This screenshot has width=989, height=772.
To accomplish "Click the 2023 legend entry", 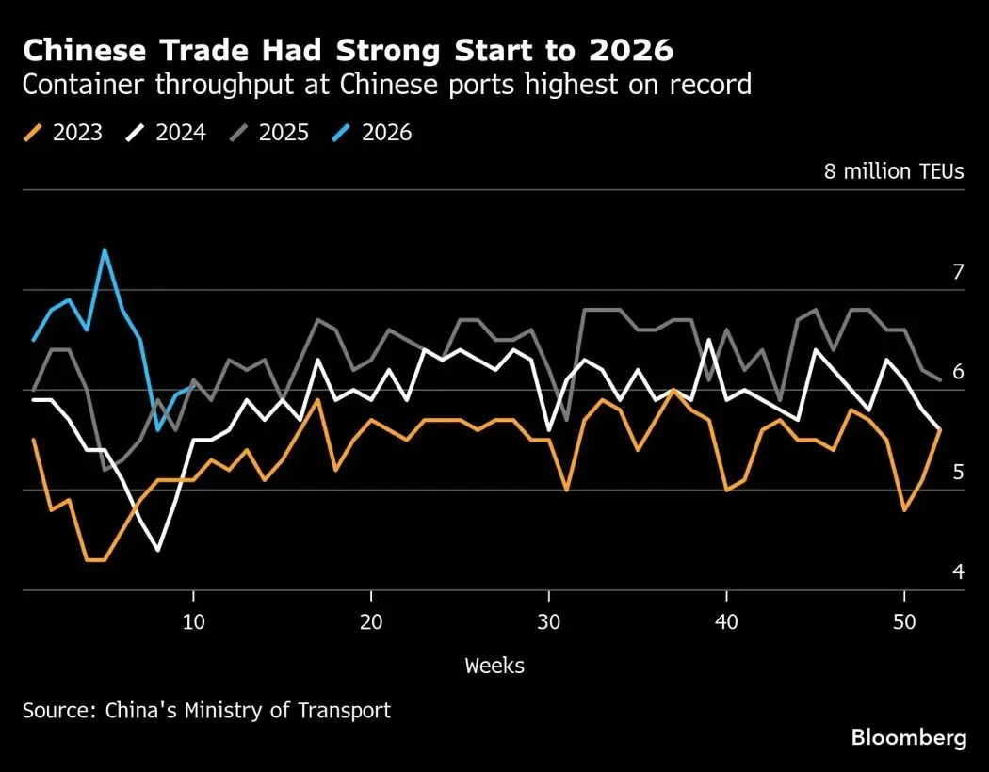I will (64, 133).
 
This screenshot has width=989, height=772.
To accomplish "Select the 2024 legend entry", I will (168, 133).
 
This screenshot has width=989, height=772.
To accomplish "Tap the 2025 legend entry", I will (270, 133).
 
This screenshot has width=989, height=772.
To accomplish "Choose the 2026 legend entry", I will (374, 133).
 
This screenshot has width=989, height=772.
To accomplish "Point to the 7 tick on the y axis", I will (959, 272).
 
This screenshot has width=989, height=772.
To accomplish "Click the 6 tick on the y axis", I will (959, 372).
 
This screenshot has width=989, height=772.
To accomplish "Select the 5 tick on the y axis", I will (959, 472).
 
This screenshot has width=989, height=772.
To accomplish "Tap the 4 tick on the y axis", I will (959, 571).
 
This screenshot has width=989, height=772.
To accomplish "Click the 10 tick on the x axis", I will (193, 622).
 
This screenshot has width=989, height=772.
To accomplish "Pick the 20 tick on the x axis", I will (371, 622).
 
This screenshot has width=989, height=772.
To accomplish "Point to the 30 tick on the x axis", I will (549, 622).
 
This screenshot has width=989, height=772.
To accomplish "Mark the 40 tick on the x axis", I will (726, 622).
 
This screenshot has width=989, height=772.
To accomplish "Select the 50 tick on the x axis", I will (904, 622).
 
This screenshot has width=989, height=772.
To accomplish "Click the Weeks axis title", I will (494, 666).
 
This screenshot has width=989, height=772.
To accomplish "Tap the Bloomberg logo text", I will (908, 738).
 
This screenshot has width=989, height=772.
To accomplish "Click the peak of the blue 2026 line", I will (105, 250).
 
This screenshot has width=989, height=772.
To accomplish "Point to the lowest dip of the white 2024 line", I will (158, 550).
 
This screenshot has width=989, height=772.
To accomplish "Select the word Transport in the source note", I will (344, 710).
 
